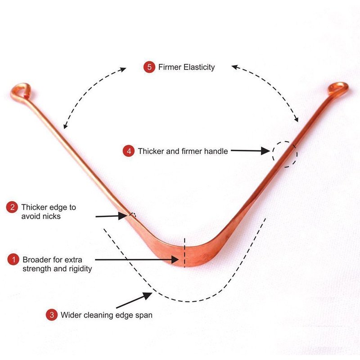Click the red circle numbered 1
point(13,260)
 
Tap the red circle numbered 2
point(12,207)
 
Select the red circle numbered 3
point(52,315)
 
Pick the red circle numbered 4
point(129,151)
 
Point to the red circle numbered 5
point(149,67)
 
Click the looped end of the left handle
point(20,91)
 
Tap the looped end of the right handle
point(338,89)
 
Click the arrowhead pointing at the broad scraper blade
point(175,260)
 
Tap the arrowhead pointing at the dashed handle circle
point(265,151)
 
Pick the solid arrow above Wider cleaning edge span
point(134,300)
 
